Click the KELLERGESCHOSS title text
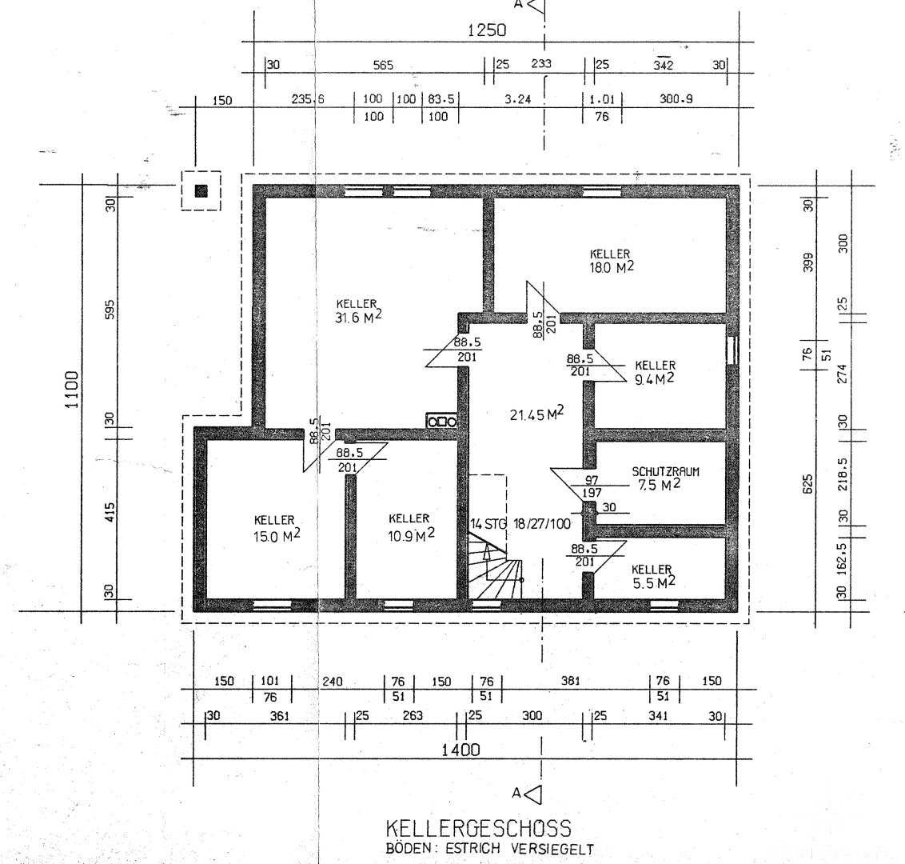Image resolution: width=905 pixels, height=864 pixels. (x=478, y=828)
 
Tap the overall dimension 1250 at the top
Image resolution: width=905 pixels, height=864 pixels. (x=487, y=30)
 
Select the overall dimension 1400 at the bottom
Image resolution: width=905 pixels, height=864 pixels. (x=460, y=750)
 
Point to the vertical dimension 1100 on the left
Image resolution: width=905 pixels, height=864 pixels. (x=72, y=390)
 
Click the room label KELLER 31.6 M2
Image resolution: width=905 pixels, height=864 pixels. (x=358, y=310)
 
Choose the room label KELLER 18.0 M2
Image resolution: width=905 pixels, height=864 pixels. (x=612, y=261)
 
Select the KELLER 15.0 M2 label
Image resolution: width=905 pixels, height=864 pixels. (x=277, y=529)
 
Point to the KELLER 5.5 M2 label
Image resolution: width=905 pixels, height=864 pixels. (x=653, y=576)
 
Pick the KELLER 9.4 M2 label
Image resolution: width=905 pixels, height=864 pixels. (x=655, y=373)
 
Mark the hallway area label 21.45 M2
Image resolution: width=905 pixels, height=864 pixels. (x=536, y=414)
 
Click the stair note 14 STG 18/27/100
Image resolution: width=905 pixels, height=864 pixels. (x=520, y=524)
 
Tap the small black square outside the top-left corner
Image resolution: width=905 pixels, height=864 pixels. (x=201, y=190)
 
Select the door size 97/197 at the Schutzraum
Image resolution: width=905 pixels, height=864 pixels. (x=592, y=486)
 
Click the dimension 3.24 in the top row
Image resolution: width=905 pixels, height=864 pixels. (x=518, y=99)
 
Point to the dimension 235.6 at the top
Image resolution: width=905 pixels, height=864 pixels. (x=308, y=99)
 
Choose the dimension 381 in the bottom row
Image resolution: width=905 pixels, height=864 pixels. (x=570, y=681)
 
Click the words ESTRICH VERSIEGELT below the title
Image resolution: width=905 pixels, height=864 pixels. (x=512, y=850)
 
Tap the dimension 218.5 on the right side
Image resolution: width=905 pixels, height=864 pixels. (x=842, y=474)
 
